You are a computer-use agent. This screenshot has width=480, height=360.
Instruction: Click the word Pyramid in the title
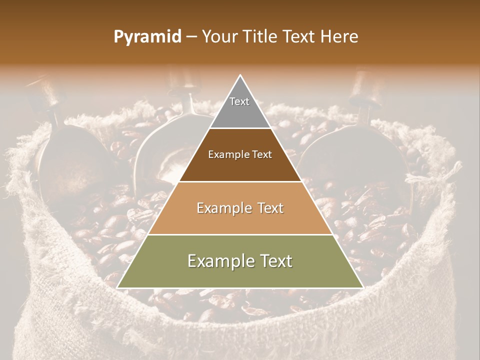(147, 37)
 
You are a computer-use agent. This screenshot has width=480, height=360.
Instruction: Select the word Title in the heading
(261, 37)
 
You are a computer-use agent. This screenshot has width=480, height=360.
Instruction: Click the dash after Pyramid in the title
(191, 37)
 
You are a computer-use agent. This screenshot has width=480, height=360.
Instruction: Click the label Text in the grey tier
(239, 101)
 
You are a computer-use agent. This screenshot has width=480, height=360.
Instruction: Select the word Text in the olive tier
(275, 261)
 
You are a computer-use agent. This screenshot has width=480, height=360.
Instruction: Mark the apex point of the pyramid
(240, 75)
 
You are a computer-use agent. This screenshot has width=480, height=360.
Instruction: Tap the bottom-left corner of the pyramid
(117, 287)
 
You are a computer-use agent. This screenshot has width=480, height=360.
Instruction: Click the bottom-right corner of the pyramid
(363, 287)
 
